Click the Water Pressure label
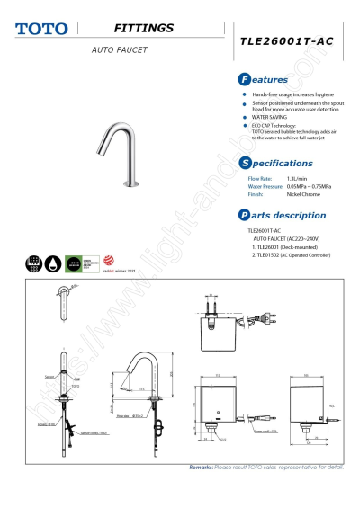(x=265, y=186)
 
